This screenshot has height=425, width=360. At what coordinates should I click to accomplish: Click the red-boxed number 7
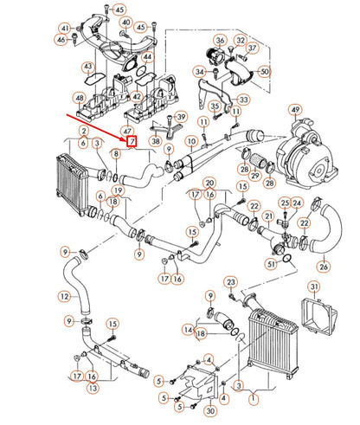tap(132, 141)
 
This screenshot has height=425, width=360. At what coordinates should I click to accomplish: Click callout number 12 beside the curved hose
tap(64, 295)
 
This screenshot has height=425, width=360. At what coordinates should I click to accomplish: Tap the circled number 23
tap(230, 282)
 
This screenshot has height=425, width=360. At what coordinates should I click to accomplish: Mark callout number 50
tap(264, 71)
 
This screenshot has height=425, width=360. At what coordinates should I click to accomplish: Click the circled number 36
tap(220, 40)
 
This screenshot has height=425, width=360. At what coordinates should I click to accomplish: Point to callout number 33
tap(244, 100)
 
